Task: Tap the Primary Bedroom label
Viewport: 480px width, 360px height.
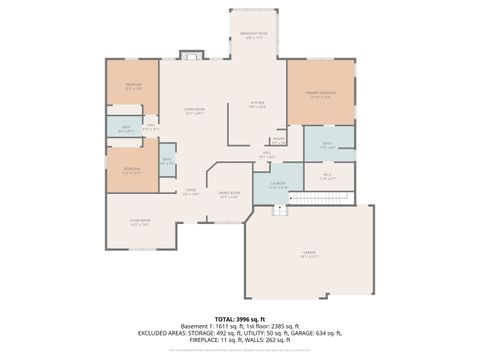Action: point(320,95)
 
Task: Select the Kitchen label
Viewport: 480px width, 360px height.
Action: point(256,105)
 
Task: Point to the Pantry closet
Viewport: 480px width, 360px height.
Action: point(278,140)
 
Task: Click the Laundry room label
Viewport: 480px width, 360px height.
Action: point(278,185)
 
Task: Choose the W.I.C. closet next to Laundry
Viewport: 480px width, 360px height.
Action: point(328,177)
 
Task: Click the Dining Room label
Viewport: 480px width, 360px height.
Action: point(229,197)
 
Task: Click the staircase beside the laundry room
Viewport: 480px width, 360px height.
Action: point(281,206)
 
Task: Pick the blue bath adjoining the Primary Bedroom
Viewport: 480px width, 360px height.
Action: point(328,145)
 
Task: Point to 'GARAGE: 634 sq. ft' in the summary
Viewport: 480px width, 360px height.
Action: point(316,333)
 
